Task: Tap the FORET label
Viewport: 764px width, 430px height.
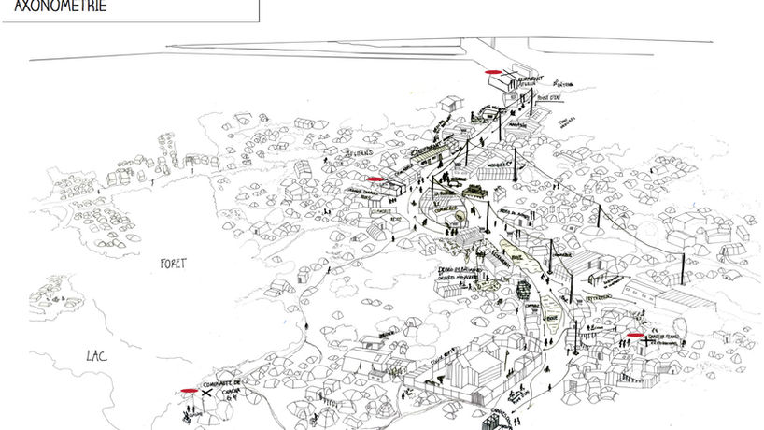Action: coord(172,264)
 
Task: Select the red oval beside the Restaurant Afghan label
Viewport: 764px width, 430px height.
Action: coord(489,72)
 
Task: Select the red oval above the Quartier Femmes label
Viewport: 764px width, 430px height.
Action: coord(636,335)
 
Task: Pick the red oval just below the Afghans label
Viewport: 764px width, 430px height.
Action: coord(375,178)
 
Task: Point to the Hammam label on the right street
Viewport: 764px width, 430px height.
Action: coord(562,252)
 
